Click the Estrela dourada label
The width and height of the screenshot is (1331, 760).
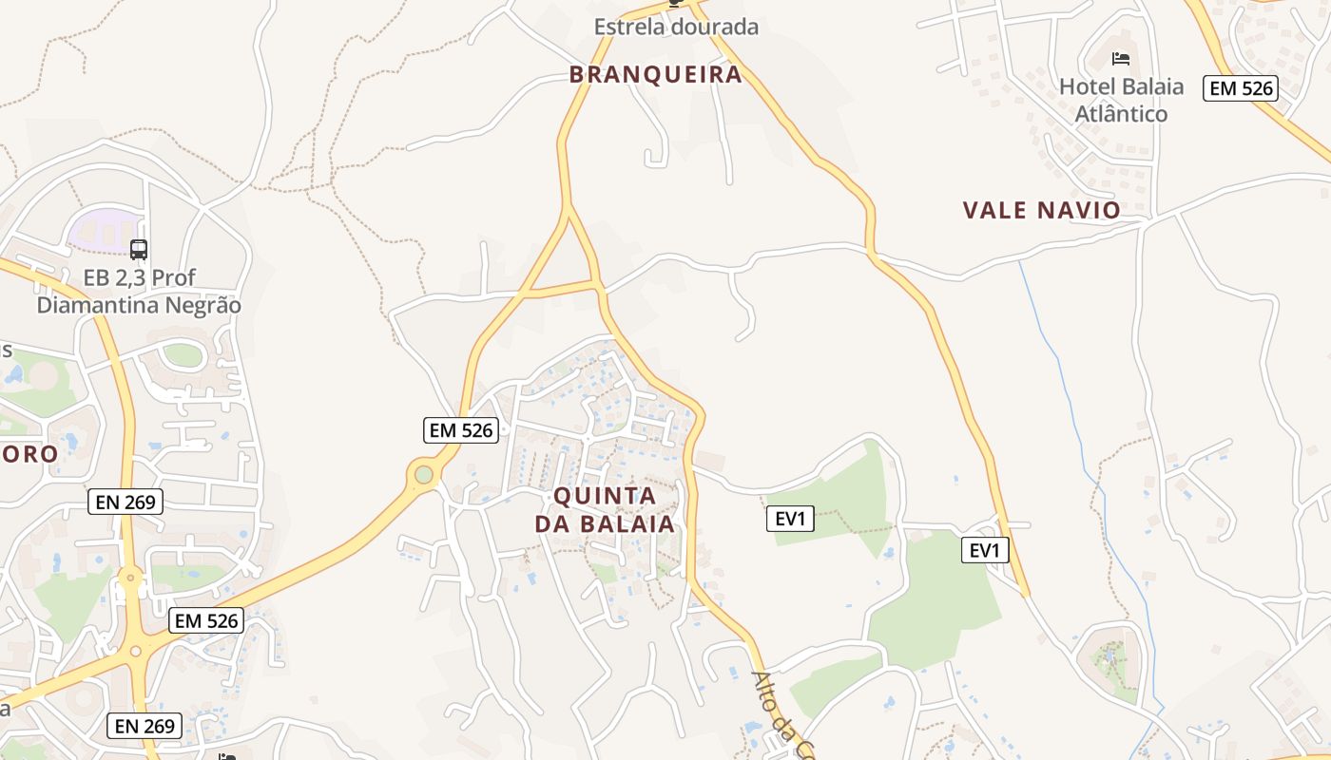click(676, 27)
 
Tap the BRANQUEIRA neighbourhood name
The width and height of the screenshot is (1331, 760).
click(655, 74)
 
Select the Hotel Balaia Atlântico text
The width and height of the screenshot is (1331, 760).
click(1121, 100)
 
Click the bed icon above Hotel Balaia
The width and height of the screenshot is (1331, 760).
click(1121, 59)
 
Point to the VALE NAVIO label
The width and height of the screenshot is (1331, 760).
click(1041, 210)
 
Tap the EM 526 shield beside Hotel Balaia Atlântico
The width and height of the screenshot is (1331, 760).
click(1241, 88)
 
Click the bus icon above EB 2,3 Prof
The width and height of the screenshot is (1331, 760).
click(139, 250)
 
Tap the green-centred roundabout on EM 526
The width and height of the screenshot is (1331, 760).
click(424, 474)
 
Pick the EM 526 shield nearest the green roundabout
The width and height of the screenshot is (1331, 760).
click(460, 430)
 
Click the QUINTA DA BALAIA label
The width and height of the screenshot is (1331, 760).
click(605, 509)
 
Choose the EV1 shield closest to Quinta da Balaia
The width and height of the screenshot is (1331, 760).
click(790, 519)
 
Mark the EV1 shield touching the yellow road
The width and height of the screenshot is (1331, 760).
click(985, 550)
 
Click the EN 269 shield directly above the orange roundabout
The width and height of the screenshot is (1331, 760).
click(125, 502)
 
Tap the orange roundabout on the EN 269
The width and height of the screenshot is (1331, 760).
click(130, 576)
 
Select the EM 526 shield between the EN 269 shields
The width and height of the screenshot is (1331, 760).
click(206, 621)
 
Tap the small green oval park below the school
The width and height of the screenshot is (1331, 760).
click(183, 354)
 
